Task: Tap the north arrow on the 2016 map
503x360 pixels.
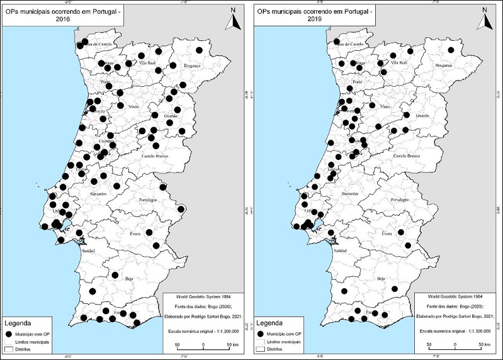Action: tap(232, 20)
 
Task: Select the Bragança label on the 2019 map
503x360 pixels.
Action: tap(445, 65)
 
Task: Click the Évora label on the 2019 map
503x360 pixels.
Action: tap(388, 233)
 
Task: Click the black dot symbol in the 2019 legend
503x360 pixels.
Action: tap(259, 334)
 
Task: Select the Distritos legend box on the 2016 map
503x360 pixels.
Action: tap(9, 348)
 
